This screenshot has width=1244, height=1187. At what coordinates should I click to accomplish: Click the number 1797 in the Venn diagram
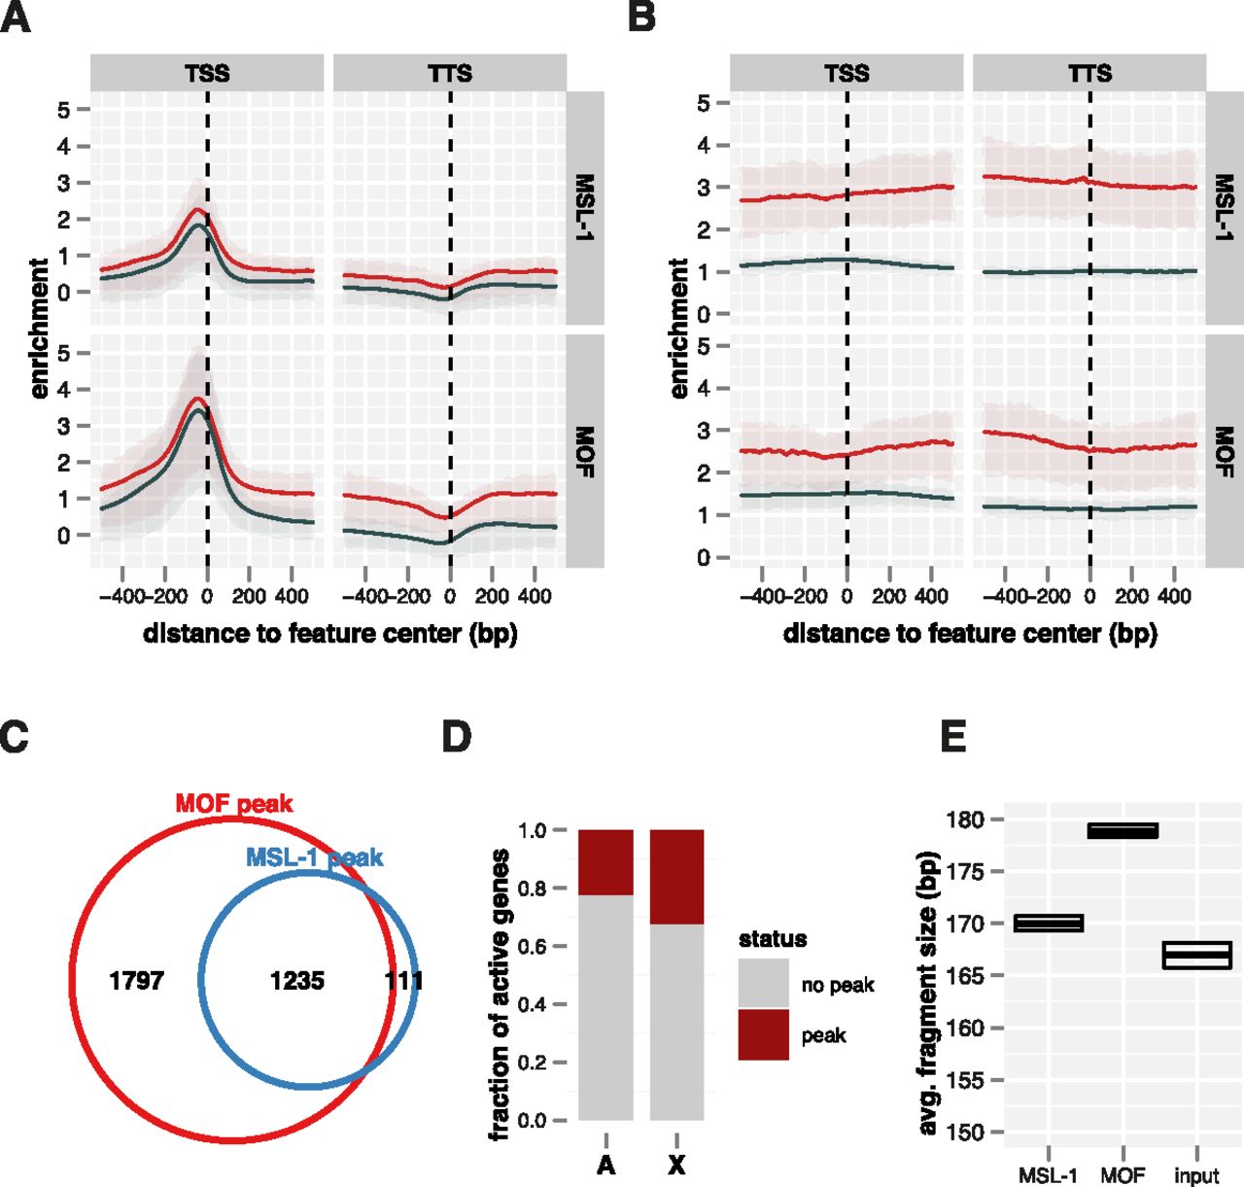[136, 980]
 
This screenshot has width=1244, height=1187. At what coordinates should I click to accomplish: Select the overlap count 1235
[296, 980]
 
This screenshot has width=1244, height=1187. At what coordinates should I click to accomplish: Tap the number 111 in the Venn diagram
[403, 980]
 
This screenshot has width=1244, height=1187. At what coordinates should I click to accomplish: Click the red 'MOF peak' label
[233, 804]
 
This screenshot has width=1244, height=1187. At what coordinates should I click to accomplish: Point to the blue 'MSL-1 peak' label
[314, 857]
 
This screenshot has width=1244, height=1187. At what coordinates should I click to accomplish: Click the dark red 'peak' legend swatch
[763, 1034]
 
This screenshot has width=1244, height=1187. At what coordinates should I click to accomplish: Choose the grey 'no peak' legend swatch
[763, 984]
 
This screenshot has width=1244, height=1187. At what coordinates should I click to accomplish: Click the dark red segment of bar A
[605, 862]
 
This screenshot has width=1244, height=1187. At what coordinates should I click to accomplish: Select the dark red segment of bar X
[676, 877]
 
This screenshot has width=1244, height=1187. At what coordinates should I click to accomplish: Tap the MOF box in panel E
[1123, 830]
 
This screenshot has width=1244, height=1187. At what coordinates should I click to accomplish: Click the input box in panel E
[1196, 955]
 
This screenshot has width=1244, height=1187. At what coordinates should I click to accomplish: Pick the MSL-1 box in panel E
[1049, 923]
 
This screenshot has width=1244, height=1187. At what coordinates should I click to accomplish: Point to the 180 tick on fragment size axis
[964, 820]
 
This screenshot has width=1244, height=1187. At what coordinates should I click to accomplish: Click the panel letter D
[457, 737]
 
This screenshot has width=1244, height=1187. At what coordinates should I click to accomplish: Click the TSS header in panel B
[847, 73]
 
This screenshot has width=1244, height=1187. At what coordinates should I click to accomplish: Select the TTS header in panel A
[450, 73]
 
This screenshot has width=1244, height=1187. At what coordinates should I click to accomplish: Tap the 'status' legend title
[773, 938]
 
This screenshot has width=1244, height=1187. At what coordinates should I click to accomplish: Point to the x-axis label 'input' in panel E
[1196, 1175]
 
